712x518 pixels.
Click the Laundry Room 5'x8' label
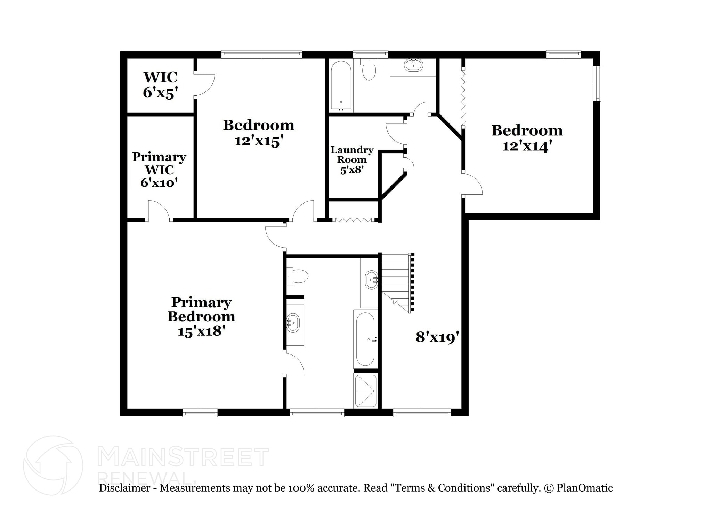(352, 160)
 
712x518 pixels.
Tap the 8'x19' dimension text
(437, 337)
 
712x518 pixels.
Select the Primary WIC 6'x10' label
(159, 169)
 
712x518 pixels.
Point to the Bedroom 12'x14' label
(527, 138)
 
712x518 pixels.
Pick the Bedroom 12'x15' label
(258, 133)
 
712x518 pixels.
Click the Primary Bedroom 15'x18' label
(201, 317)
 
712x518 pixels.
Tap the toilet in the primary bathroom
(298, 277)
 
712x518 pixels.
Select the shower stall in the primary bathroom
(365, 390)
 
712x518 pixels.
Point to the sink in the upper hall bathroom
(413, 65)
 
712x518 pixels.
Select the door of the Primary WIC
(159, 210)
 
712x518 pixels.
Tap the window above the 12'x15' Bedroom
(261, 54)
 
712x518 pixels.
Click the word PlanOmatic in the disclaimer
(584, 488)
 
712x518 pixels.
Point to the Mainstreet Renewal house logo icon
(53, 465)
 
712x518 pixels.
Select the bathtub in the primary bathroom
(365, 339)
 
